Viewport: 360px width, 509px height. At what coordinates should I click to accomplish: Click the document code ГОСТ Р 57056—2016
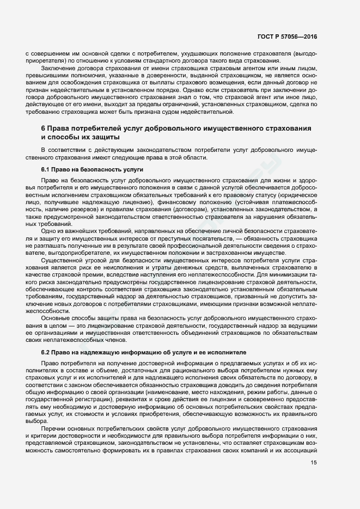(287, 37)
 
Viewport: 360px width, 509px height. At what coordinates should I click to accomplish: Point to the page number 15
(314, 463)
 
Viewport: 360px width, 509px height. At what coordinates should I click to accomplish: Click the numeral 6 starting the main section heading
(43, 128)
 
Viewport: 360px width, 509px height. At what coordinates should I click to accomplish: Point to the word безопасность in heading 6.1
(84, 170)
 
